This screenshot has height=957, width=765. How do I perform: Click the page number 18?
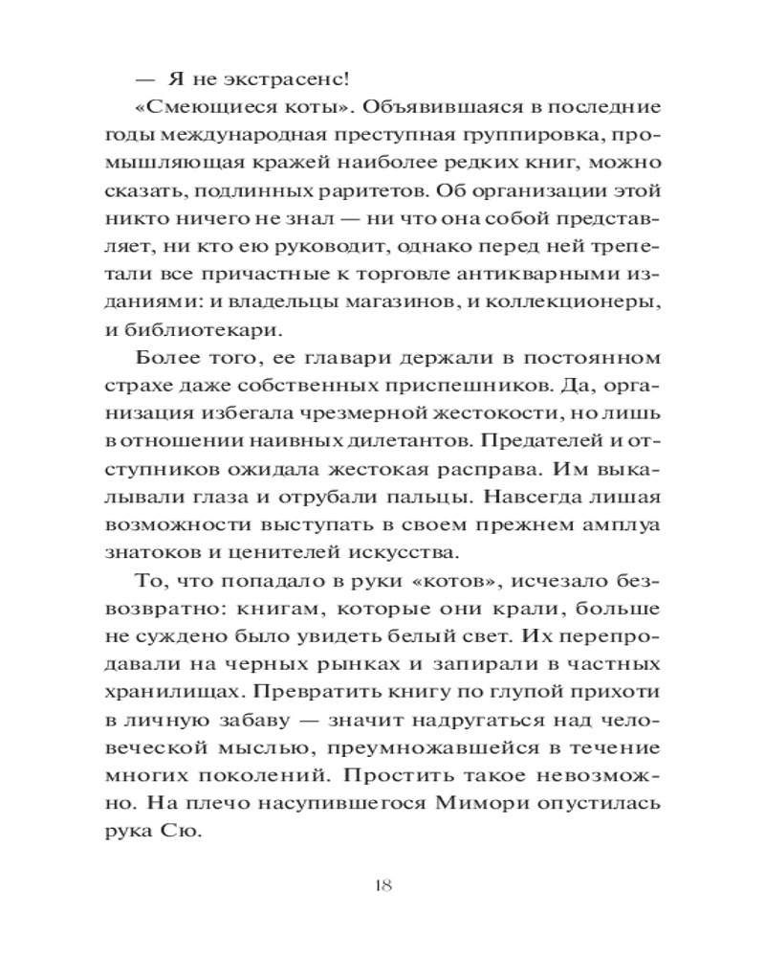tap(382, 883)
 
